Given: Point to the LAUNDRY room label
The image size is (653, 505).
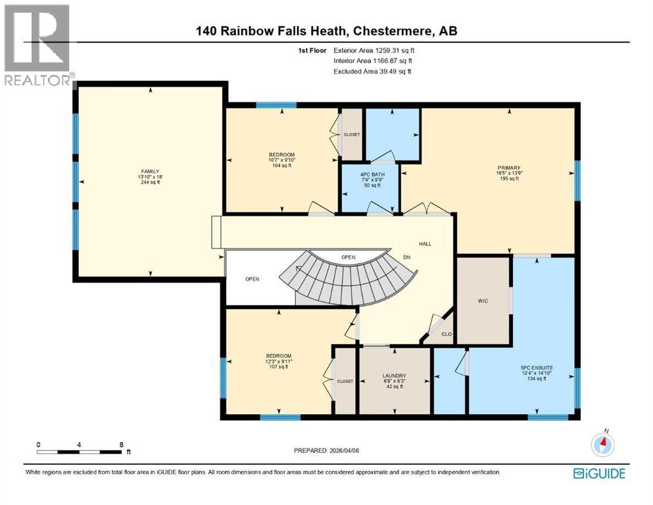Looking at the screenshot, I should [395, 375].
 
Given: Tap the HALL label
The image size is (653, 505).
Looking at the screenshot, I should [425, 244].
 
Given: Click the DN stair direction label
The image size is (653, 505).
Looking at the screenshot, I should [408, 257].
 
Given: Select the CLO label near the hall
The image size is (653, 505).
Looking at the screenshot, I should [447, 333].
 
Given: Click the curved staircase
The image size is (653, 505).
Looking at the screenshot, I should [349, 279].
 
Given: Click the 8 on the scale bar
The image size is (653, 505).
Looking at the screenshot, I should [121, 445].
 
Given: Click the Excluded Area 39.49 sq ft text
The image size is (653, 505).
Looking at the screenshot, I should [372, 71].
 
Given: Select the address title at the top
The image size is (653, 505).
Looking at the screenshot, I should [327, 31].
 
